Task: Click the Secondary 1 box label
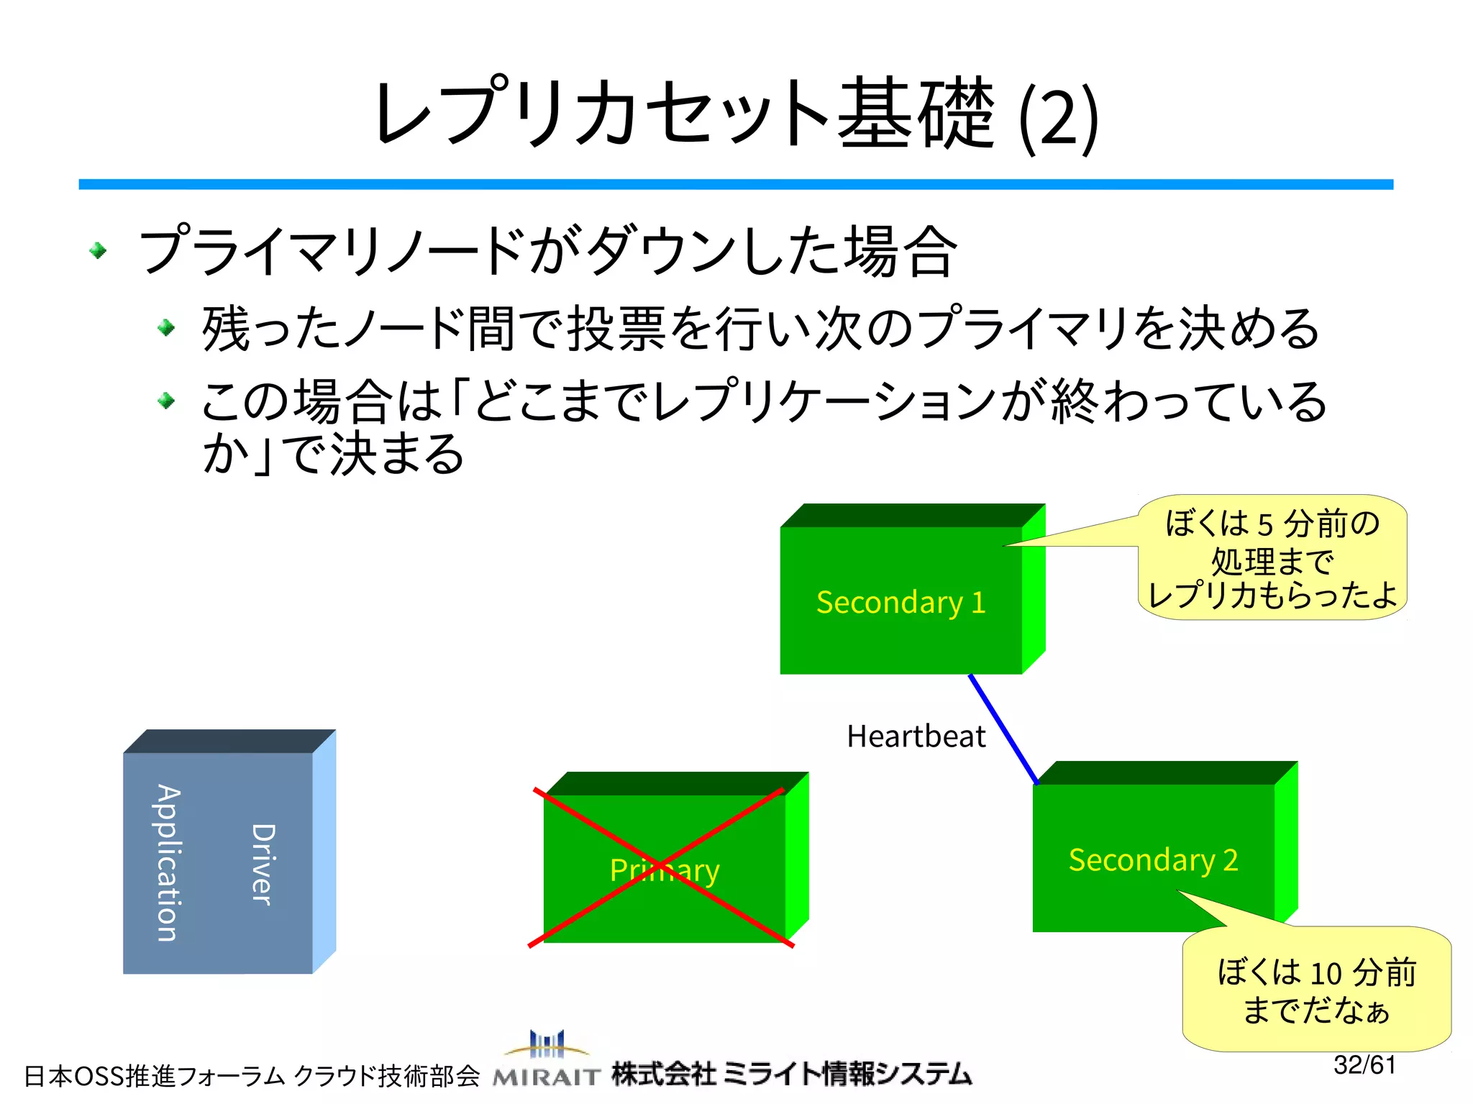point(900,603)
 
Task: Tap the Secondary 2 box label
point(1153,860)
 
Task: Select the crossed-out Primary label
point(664,870)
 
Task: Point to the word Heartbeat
point(916,736)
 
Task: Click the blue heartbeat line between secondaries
point(1003,729)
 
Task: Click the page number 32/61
point(1364,1065)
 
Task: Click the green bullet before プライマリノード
point(98,250)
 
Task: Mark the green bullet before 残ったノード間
point(166,328)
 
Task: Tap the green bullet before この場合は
point(166,400)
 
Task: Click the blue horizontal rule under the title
point(735,185)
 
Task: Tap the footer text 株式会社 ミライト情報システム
point(791,1074)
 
